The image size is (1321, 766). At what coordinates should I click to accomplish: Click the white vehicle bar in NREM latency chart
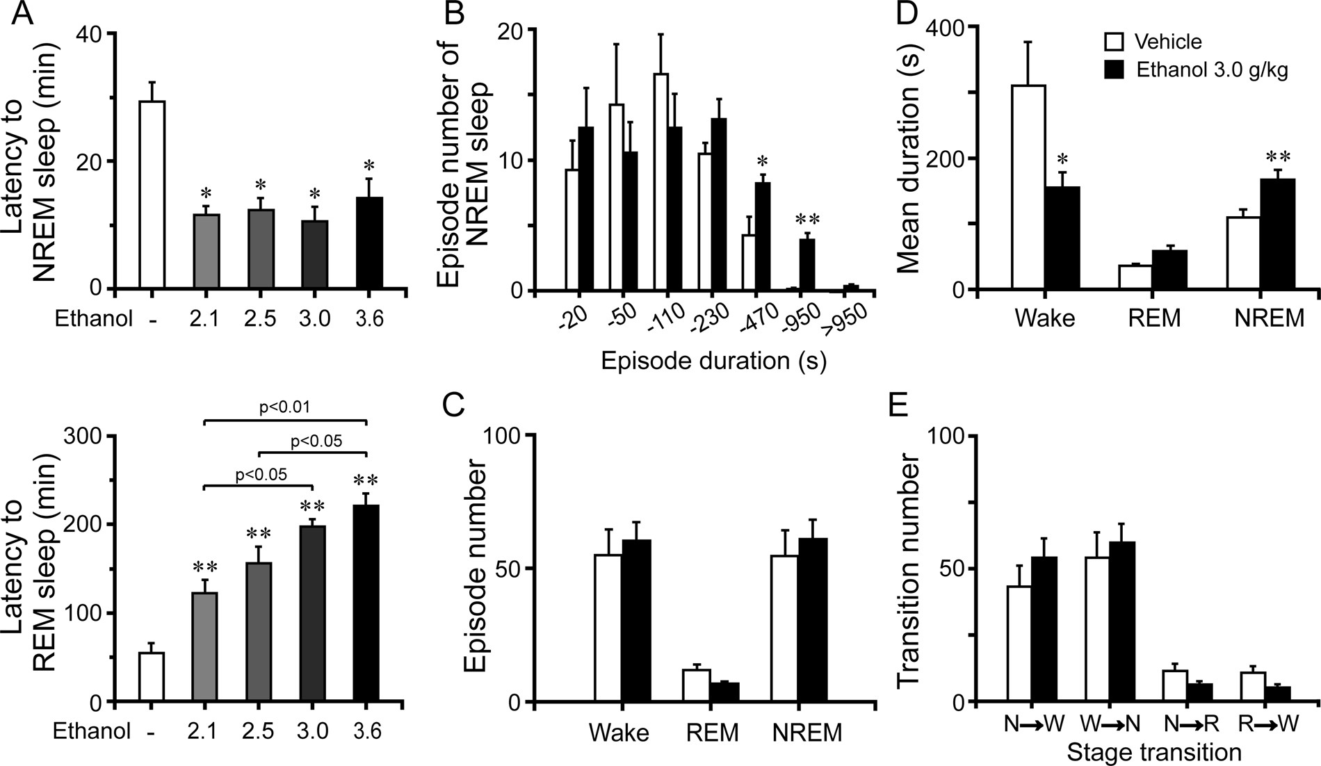[152, 195]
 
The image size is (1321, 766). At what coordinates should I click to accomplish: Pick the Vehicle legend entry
[1154, 42]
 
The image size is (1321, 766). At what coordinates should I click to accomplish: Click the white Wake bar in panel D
[1028, 187]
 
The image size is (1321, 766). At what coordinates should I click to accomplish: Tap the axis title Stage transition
[1153, 752]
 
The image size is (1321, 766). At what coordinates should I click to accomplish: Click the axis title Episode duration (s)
[713, 361]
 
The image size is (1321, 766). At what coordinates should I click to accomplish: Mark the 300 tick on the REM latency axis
[82, 436]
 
